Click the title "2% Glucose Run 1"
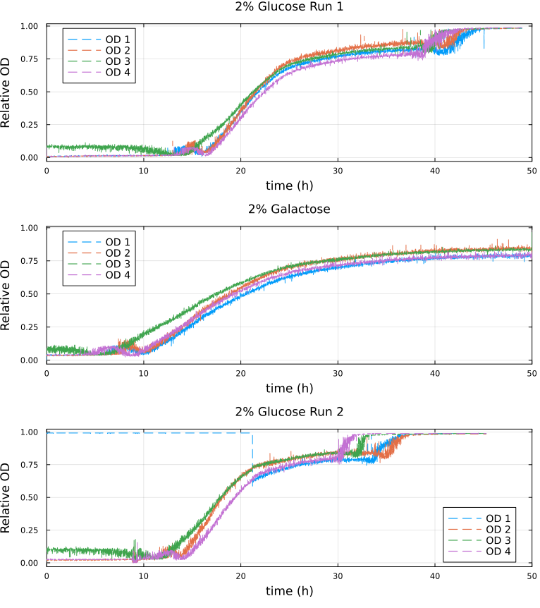[289, 7]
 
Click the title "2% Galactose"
[289, 209]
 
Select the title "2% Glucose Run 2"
[289, 412]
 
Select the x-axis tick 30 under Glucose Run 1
[338, 171]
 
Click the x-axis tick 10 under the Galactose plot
[144, 373]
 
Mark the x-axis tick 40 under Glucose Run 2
[435, 576]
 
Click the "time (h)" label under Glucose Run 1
[289, 186]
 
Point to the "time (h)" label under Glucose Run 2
[289, 591]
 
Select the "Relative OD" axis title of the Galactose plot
[7, 293]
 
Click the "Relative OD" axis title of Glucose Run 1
[7, 91]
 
